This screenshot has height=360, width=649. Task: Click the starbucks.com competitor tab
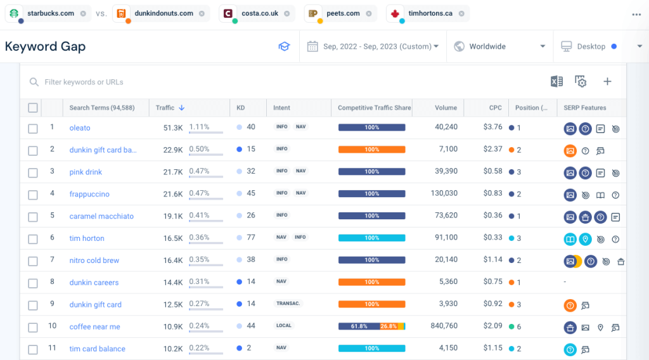click(x=49, y=13)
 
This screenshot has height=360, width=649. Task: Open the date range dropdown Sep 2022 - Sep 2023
click(x=373, y=46)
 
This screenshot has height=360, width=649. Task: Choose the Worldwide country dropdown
click(x=499, y=46)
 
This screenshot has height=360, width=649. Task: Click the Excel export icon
click(x=556, y=81)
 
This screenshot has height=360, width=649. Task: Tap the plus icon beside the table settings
click(x=607, y=81)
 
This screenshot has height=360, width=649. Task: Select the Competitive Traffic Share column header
click(x=374, y=108)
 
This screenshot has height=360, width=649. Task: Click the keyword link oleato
click(x=80, y=127)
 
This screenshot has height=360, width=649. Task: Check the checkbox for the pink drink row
click(x=33, y=172)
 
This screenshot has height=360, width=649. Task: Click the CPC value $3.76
click(x=492, y=127)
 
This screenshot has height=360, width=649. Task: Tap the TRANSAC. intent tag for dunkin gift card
click(x=288, y=304)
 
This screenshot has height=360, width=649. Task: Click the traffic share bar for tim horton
click(x=371, y=238)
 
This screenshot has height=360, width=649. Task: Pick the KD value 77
click(x=251, y=238)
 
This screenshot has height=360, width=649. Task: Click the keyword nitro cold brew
click(x=94, y=260)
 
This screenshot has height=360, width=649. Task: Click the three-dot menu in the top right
click(x=636, y=15)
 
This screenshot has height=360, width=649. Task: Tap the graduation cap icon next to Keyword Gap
click(x=284, y=46)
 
